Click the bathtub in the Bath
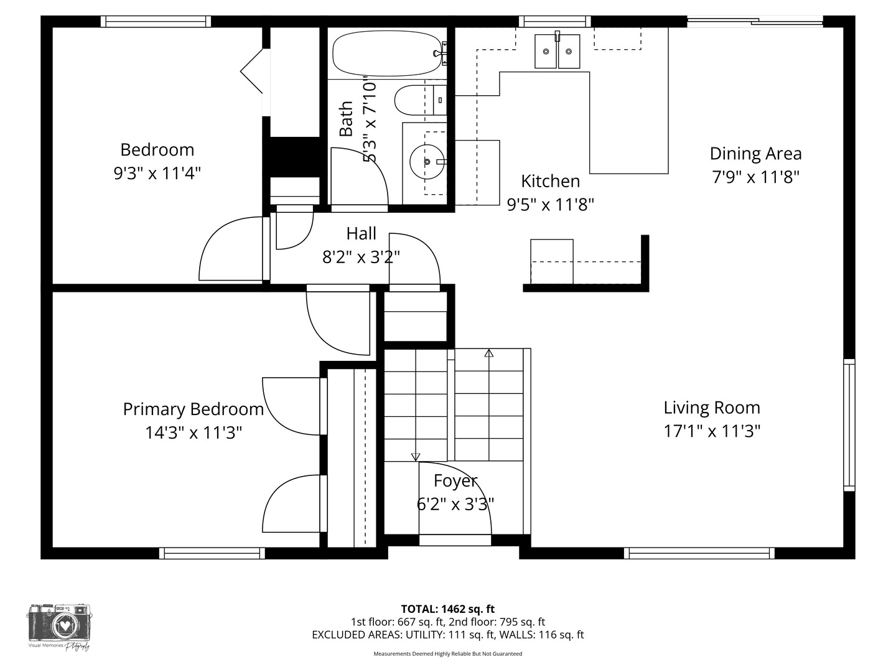[387, 53]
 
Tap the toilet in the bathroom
[420, 100]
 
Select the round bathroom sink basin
[427, 162]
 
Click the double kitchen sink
[557, 51]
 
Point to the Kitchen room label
[550, 181]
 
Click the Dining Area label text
[755, 154]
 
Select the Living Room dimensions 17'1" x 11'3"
[712, 431]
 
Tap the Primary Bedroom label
[194, 409]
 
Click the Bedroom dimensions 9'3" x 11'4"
[157, 174]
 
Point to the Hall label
[362, 234]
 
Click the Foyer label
[455, 480]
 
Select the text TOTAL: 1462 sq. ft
[448, 609]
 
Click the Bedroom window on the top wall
[156, 21]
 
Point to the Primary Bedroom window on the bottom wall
[212, 553]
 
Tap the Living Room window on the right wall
[849, 425]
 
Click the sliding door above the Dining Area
[755, 21]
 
